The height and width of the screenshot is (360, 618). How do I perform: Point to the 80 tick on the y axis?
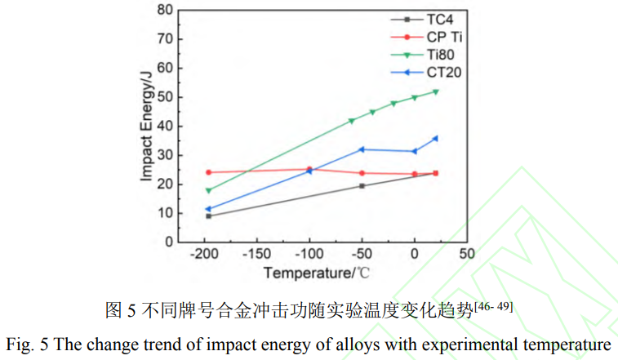click(x=164, y=10)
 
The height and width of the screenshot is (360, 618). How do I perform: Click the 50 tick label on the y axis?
click(x=164, y=97)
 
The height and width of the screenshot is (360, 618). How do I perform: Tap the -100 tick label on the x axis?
click(x=309, y=253)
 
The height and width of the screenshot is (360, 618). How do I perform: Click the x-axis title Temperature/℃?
click(x=314, y=272)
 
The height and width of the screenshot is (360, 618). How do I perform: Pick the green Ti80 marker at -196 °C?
click(x=208, y=190)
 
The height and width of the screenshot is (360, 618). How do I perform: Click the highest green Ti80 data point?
click(x=435, y=91)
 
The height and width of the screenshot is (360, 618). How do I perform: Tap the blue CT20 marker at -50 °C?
click(x=362, y=149)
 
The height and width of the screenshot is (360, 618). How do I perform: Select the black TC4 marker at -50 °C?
click(x=362, y=186)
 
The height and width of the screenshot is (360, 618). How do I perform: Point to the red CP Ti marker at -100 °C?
click(x=309, y=170)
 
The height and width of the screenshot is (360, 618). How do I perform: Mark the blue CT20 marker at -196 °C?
click(x=208, y=209)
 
